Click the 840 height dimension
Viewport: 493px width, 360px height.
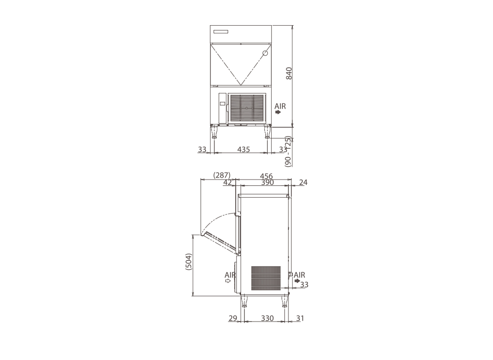tap(289, 73)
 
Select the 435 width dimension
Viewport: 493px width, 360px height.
tap(244, 149)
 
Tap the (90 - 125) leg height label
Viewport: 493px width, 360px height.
tap(288, 151)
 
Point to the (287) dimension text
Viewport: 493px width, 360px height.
tap(222, 175)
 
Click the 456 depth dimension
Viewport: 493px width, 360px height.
tap(266, 177)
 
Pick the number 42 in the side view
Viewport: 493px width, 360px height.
tap(227, 182)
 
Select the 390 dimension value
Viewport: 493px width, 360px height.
tap(268, 182)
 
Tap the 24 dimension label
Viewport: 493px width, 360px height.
tap(303, 182)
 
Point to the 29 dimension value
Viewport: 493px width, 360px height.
tap(233, 318)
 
